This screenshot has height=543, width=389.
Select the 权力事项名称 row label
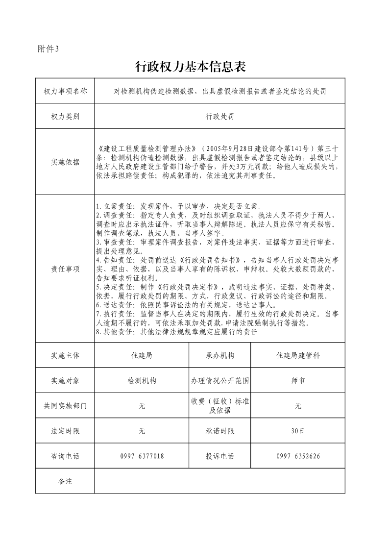coord(65,91)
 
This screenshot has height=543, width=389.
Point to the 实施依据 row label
coord(65,162)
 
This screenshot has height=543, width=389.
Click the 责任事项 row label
coord(65,269)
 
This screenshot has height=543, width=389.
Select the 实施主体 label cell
coord(65,356)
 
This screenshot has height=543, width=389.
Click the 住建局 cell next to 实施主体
coord(142,356)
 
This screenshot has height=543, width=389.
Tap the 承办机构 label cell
coord(220,356)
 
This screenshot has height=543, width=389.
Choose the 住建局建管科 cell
coord(298,356)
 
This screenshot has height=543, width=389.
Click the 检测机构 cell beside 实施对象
coord(142,381)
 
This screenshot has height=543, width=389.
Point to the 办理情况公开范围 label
coord(220,381)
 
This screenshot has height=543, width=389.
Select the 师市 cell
coord(298,381)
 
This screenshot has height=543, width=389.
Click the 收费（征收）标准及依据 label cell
coord(220,406)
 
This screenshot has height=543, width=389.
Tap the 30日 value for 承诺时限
coord(298,431)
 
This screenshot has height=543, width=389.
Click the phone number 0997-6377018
coord(142,456)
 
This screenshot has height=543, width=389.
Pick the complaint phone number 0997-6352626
coord(298,456)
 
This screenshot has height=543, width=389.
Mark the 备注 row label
coord(65,481)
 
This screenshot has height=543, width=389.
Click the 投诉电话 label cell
coord(220,456)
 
